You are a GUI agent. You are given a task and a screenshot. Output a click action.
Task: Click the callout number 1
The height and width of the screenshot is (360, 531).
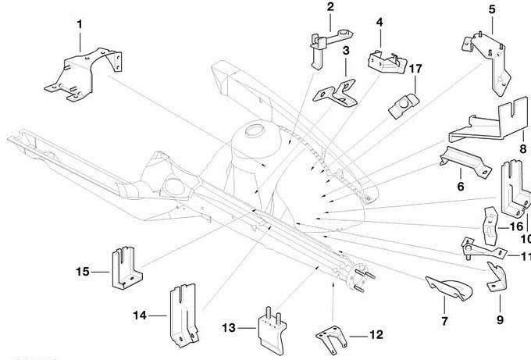(x=80, y=24)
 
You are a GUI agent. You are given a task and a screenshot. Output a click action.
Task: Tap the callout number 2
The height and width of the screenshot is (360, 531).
(x=330, y=7)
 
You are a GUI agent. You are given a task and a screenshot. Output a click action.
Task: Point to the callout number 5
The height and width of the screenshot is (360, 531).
(x=492, y=9)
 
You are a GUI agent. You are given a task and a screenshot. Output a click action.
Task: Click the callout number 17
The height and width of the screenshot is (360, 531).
(x=415, y=70)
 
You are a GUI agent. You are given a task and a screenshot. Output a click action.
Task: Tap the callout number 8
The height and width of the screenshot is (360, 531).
(x=522, y=147)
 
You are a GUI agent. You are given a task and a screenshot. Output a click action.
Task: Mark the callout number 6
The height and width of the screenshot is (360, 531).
(x=460, y=186)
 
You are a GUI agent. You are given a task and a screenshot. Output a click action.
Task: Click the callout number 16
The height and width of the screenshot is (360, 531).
(x=516, y=226)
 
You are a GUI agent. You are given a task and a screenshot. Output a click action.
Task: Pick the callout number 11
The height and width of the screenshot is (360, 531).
(x=525, y=255)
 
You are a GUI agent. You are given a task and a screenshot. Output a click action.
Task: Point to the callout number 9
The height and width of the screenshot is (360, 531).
(x=499, y=319)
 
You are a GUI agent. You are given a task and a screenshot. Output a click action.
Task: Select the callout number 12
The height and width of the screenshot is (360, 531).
(x=376, y=335)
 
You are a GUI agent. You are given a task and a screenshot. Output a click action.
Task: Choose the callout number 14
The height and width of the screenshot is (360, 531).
(x=139, y=315)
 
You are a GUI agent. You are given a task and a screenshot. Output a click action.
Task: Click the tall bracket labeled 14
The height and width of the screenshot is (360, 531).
(x=180, y=315)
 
